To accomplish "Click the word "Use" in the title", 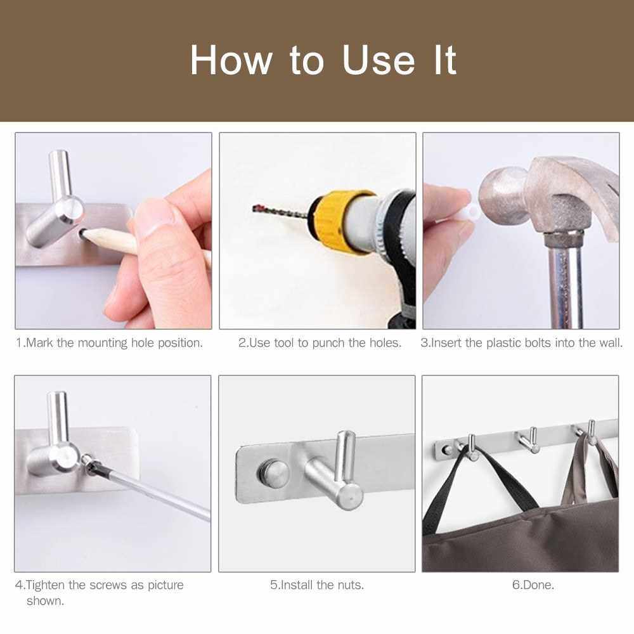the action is (378, 60).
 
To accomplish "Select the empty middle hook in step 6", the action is (529, 441).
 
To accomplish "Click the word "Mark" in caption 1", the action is (39, 343).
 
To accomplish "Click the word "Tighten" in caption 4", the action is (45, 585).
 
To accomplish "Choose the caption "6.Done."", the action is (533, 585).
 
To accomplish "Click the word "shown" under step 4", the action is (45, 601).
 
